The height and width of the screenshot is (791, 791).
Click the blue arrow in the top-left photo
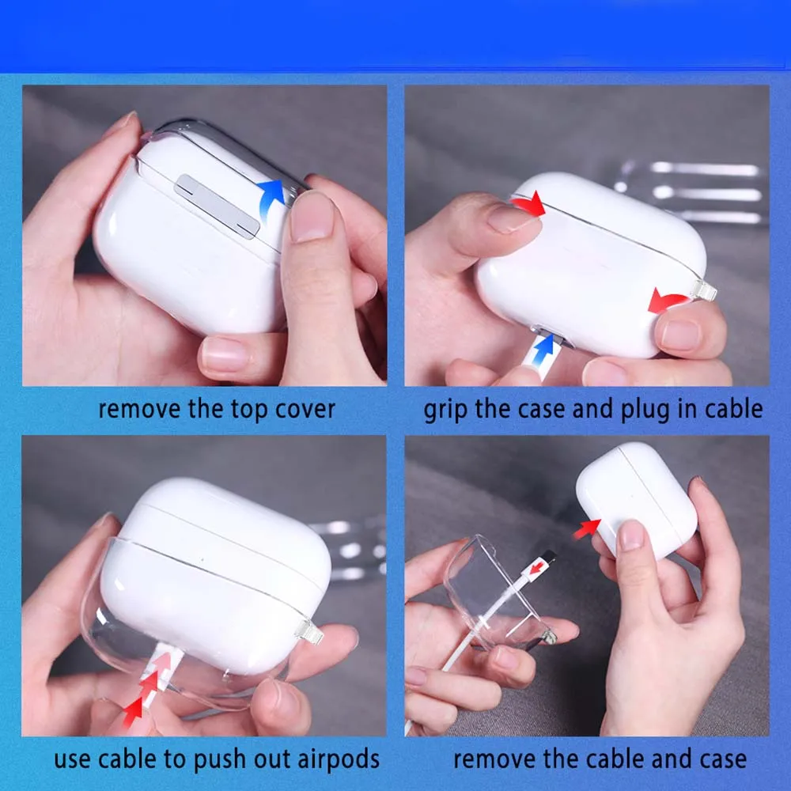[271, 198]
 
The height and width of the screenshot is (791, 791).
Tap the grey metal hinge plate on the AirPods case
[218, 206]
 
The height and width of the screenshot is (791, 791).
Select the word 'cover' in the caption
[305, 410]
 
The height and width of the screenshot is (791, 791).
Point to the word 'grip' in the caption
[448, 410]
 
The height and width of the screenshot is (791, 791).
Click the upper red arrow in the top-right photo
[528, 204]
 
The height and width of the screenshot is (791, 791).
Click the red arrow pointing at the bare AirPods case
[586, 528]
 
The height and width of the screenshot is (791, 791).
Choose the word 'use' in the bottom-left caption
[73, 760]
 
